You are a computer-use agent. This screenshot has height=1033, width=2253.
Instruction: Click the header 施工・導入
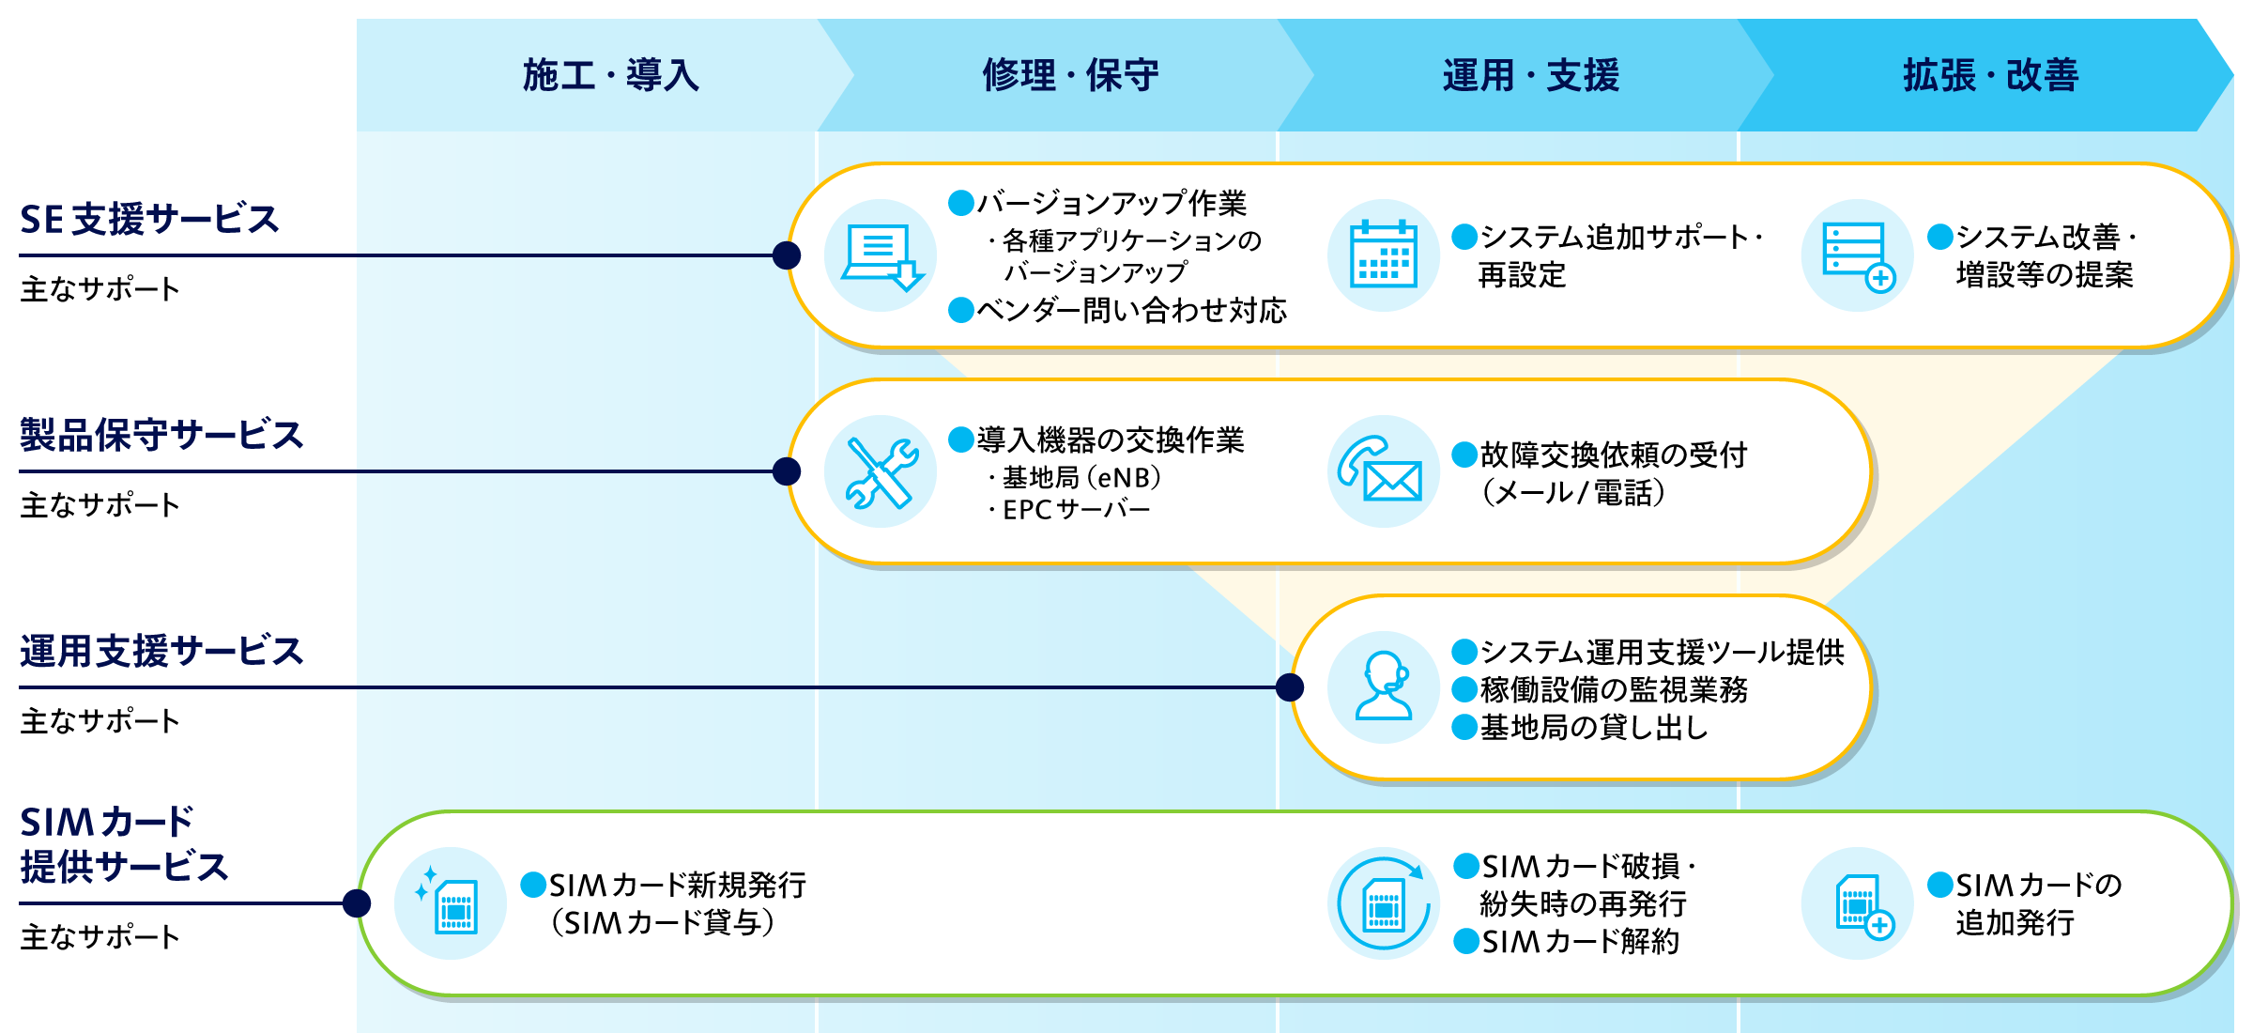click(x=610, y=75)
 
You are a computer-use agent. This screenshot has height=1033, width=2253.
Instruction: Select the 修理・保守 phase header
click(x=1070, y=75)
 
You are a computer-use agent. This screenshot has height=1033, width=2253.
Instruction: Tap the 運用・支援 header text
click(x=1530, y=75)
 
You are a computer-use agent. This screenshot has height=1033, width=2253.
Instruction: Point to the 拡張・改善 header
click(x=1990, y=75)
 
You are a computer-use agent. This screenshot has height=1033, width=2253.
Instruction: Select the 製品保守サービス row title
click(x=161, y=436)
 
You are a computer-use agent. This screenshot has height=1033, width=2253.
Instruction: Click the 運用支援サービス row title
click(x=161, y=652)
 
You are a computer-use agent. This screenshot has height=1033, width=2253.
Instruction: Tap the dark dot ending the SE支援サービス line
click(x=787, y=254)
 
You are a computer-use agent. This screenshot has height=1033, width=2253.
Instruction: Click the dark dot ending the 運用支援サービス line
click(x=1290, y=687)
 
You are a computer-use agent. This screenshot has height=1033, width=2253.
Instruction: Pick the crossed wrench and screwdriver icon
click(x=881, y=472)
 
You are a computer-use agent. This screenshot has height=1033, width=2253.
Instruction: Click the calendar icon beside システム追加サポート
click(x=1383, y=254)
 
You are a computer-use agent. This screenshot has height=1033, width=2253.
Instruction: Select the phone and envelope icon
click(x=1383, y=470)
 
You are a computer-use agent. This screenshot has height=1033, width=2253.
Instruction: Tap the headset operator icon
click(x=1383, y=686)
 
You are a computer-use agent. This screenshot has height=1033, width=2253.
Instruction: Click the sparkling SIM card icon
click(x=450, y=902)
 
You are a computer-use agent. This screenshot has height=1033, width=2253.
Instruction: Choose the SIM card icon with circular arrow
click(x=1383, y=904)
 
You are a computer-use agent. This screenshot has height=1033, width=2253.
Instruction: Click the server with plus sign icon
click(x=1857, y=256)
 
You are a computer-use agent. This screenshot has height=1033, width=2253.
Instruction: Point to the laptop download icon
click(x=881, y=256)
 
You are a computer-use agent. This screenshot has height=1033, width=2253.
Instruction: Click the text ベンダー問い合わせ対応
click(x=1130, y=310)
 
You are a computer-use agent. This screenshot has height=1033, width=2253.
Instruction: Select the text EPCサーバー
click(x=1076, y=510)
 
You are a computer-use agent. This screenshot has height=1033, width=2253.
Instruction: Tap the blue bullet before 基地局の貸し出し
click(x=1464, y=727)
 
